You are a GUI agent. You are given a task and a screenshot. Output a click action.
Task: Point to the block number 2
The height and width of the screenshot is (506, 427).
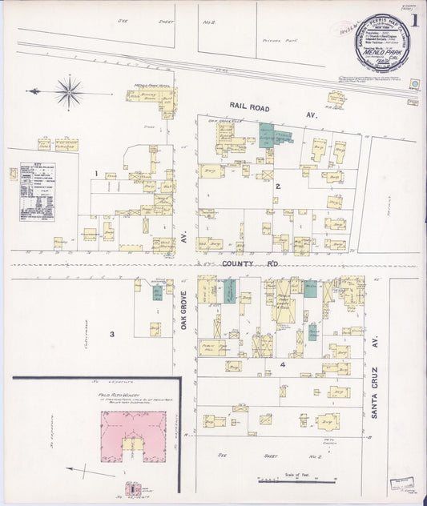click(278, 187)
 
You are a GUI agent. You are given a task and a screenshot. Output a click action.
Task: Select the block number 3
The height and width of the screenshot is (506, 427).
click(112, 334)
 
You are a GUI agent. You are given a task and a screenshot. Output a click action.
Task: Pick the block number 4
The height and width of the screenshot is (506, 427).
click(282, 364)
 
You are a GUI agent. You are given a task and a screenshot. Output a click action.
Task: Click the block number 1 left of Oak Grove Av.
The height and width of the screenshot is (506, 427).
click(95, 173)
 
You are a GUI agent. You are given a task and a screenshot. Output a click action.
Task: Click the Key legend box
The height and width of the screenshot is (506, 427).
click(37, 191)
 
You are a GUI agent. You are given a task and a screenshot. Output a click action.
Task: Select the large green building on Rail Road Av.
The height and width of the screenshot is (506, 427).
click(273, 135)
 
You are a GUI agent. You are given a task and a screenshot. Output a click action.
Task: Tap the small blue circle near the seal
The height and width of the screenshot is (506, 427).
click(415, 83)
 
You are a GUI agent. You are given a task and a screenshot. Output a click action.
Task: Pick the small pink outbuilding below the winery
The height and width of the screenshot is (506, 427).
click(132, 487)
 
